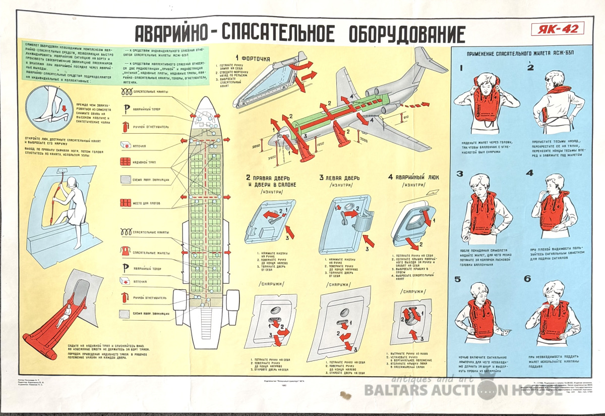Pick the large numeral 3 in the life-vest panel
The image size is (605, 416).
click(459, 174)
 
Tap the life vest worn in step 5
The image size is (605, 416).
click(482, 318)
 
